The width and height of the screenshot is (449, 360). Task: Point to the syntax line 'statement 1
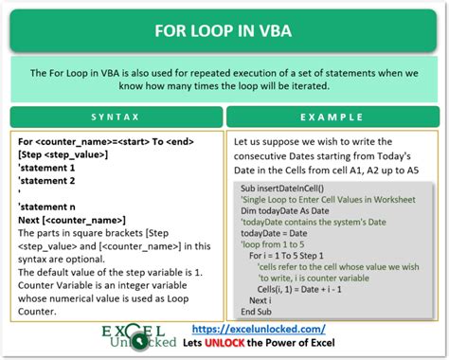[x=48, y=166]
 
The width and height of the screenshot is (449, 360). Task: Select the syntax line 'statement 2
[x=48, y=179]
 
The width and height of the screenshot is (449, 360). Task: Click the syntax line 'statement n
[x=48, y=206]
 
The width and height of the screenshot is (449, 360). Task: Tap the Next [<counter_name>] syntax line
[x=72, y=219]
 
